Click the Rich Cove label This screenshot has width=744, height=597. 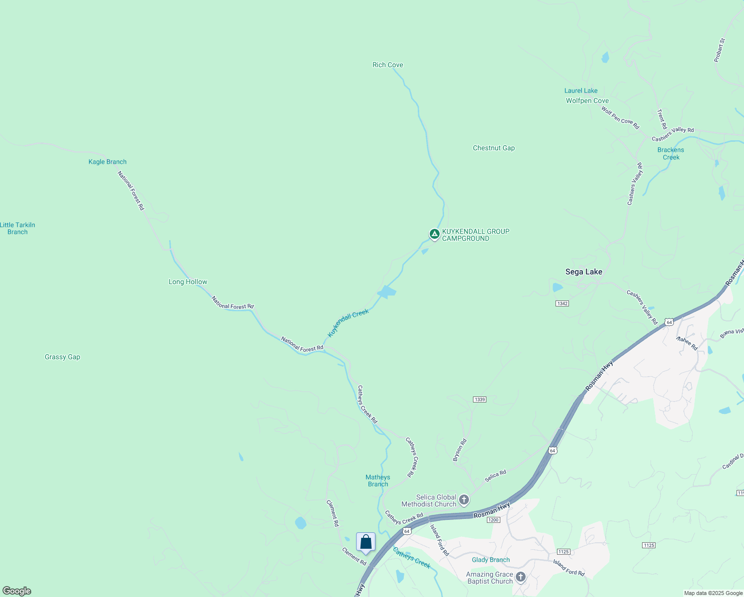[387, 65]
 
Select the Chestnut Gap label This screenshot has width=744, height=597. [493, 148]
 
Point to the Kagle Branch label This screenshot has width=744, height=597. [107, 162]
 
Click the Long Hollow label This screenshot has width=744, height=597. [187, 282]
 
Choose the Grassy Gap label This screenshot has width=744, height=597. [62, 357]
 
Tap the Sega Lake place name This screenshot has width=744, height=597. [583, 272]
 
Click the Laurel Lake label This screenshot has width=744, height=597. [580, 91]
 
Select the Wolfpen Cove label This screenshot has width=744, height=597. [587, 101]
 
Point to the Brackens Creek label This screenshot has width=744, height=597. [670, 154]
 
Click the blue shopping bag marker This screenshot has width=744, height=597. [366, 542]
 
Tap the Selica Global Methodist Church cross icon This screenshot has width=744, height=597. [464, 499]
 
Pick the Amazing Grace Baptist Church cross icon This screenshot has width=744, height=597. [520, 577]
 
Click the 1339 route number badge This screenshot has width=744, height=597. [479, 399]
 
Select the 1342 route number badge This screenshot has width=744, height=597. [562, 303]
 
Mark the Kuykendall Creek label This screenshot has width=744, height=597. [348, 322]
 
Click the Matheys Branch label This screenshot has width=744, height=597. [377, 481]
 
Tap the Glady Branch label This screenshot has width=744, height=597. [490, 560]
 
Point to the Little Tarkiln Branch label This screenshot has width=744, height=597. [17, 228]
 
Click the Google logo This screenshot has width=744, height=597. [16, 591]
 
